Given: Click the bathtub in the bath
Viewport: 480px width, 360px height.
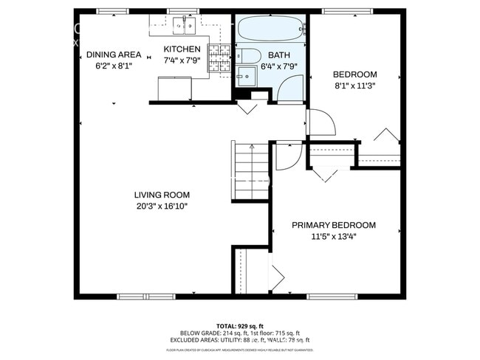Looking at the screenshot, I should coord(271,30).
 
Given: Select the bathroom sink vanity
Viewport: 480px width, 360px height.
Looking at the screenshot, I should coord(244,76).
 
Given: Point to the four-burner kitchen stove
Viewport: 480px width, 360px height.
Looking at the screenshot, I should coord(218,58).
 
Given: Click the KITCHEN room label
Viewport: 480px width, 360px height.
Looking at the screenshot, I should coord(182,50).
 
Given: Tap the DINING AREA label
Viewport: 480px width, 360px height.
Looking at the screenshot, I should coord(113,55).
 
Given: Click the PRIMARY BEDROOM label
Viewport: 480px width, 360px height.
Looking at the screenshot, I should coord(333,226).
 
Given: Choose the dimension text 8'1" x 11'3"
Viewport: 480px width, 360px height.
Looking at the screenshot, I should coord(354,85).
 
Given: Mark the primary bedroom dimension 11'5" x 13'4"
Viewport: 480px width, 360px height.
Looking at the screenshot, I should coord(333,237).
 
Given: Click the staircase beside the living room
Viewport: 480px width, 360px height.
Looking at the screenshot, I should coord(250,172).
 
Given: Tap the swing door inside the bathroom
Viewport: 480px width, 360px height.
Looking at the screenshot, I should coord(289,89).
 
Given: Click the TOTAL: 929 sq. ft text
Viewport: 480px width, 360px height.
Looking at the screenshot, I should coord(241,325).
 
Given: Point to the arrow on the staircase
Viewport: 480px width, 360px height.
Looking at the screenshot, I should coord(252,147).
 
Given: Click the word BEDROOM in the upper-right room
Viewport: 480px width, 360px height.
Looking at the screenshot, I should coord(354,75).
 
